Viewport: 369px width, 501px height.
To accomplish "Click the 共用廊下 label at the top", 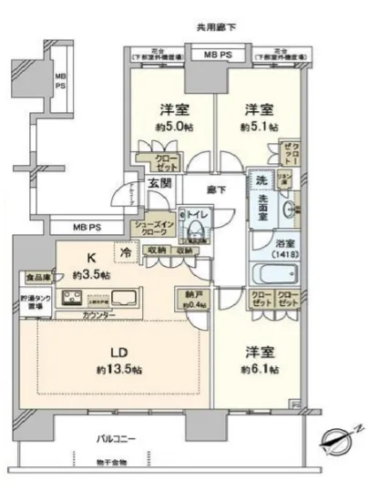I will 216,28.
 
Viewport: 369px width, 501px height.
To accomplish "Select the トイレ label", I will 197,216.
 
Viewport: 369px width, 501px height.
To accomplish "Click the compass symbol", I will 333,443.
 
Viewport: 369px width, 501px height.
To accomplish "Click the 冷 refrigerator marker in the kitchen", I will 125,250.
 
